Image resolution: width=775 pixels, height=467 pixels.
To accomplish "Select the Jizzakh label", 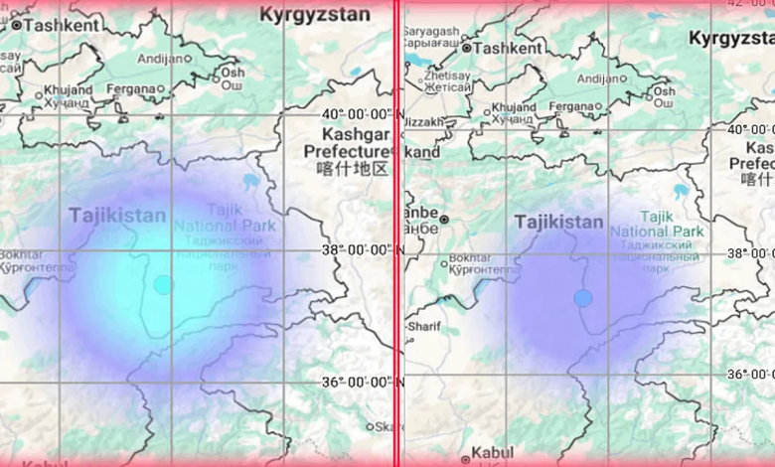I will click(x=423, y=121).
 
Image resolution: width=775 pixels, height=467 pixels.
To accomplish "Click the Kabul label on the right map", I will click(x=492, y=452).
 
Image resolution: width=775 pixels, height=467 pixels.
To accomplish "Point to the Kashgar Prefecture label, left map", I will click(x=346, y=151).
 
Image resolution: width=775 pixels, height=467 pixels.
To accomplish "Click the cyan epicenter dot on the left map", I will click(x=163, y=285).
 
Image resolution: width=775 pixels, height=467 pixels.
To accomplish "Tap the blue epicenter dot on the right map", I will click(x=583, y=297).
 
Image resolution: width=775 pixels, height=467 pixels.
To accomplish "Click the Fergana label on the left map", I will click(x=129, y=89).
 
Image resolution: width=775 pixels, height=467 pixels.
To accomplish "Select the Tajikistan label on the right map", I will click(x=558, y=222).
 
